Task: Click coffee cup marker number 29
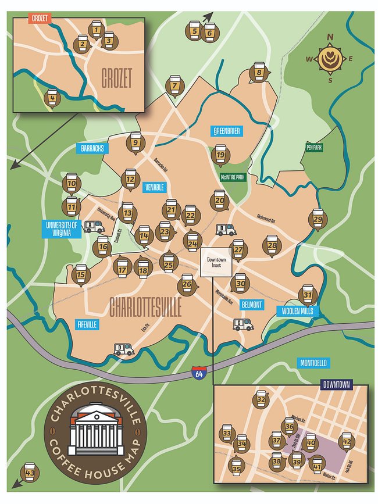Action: click(317, 219)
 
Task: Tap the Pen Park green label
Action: click(313, 148)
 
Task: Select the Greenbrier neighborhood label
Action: click(226, 131)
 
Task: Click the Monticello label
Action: click(313, 363)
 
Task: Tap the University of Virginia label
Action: click(61, 228)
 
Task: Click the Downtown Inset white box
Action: click(216, 262)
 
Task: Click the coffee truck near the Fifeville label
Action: click(124, 349)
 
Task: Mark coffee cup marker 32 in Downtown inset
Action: click(261, 399)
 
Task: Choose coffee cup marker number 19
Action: click(220, 155)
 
